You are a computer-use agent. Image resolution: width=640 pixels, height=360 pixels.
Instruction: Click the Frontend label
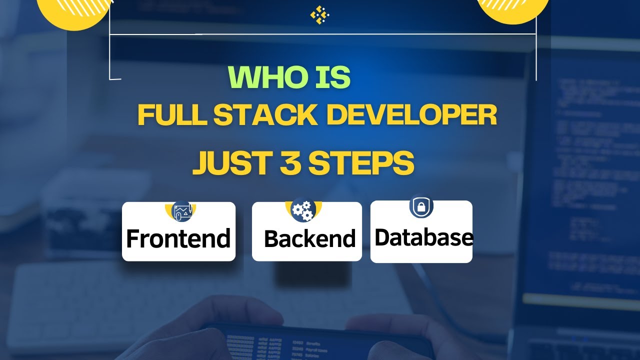point(178,238)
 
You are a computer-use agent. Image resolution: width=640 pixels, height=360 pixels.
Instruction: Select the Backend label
point(309,239)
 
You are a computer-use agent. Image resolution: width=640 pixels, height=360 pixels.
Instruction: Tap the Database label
point(423,237)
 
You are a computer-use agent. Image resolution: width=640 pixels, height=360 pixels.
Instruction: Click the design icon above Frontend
point(181,211)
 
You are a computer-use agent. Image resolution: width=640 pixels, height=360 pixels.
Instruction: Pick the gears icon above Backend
point(303,209)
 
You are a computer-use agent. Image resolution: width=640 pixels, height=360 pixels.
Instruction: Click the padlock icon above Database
point(421,206)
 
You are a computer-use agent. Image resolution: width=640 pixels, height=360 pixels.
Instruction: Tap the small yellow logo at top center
point(319,14)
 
